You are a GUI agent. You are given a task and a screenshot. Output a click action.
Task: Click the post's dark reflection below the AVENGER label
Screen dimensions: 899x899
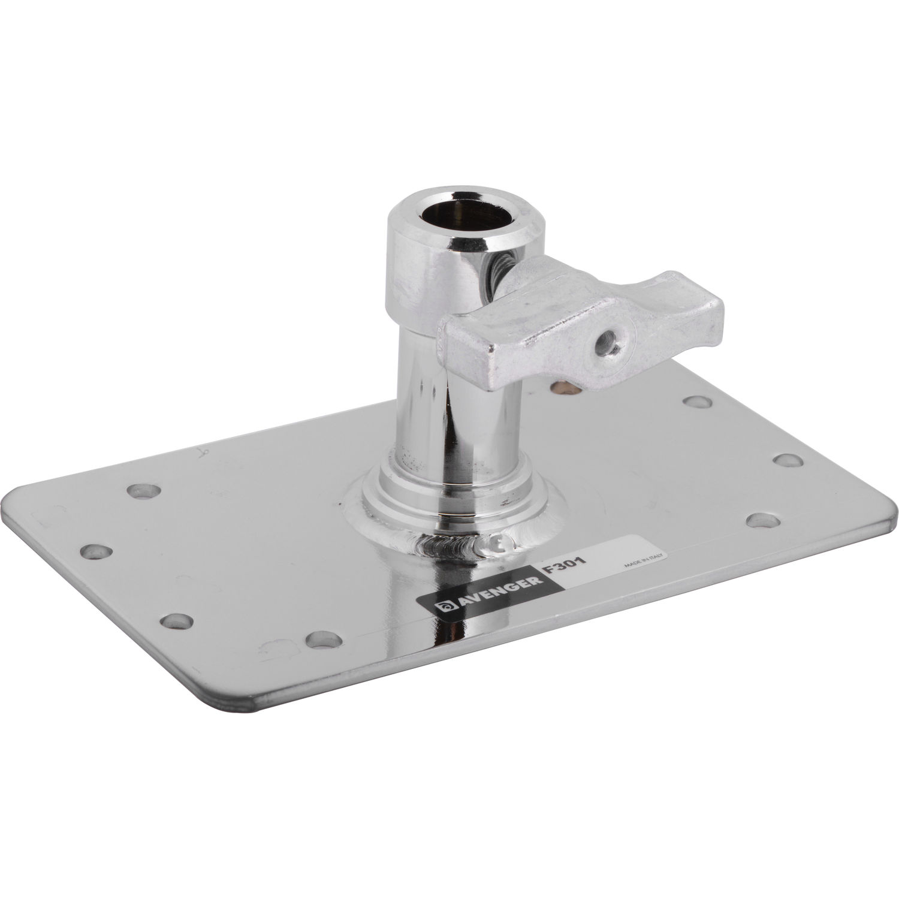tap(438, 659)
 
